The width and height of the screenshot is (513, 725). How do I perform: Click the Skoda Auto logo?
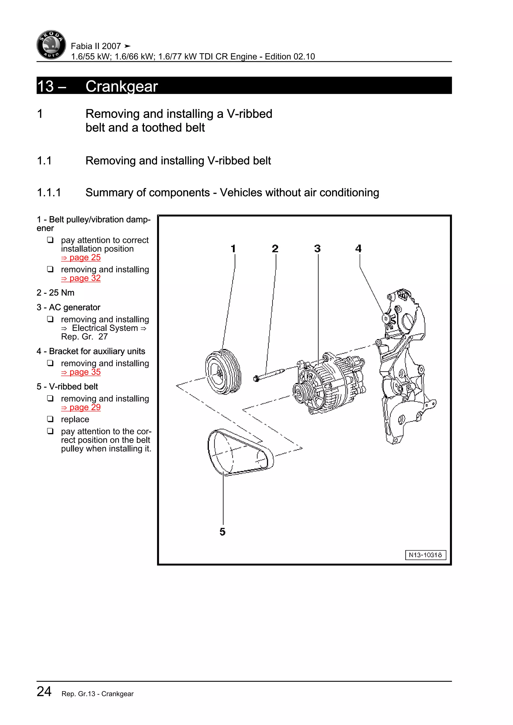pyautogui.click(x=51, y=45)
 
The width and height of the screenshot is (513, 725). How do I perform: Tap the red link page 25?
pyautogui.click(x=81, y=258)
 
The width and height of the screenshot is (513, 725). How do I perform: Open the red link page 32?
pyautogui.click(x=81, y=278)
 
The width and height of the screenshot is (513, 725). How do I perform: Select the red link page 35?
pyautogui.click(x=81, y=372)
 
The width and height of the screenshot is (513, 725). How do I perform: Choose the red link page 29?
pyautogui.click(x=81, y=408)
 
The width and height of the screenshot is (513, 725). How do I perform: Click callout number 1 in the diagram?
pyautogui.click(x=233, y=249)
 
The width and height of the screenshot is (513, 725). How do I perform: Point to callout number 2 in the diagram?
pyautogui.click(x=275, y=249)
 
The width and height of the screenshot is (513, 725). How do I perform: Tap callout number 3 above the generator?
pyautogui.click(x=317, y=249)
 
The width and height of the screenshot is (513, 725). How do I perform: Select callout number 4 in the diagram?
pyautogui.click(x=358, y=249)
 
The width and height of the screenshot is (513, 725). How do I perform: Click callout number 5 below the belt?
pyautogui.click(x=223, y=532)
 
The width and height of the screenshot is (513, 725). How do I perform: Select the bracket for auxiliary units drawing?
pyautogui.click(x=404, y=366)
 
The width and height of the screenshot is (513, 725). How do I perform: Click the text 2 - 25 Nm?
pyautogui.click(x=56, y=293)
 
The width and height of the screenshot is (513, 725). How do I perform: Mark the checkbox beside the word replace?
pyautogui.click(x=50, y=419)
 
